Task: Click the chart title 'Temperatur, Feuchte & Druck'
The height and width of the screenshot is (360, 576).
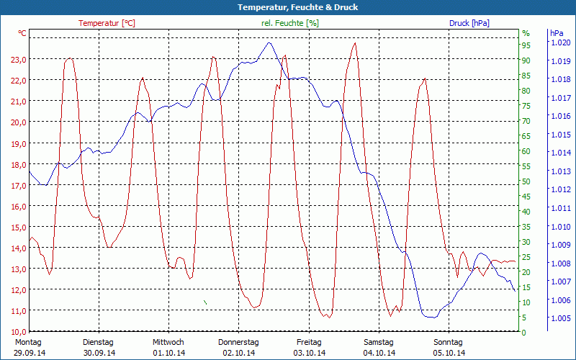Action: (x=288, y=7)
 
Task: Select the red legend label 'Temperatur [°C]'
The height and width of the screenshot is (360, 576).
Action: (x=107, y=23)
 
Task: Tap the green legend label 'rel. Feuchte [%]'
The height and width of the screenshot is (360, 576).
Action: (x=290, y=23)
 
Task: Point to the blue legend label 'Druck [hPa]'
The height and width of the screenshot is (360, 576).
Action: (x=469, y=23)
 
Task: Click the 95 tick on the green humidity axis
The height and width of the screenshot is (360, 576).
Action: (x=526, y=45)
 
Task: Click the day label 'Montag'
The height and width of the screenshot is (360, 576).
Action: (x=28, y=342)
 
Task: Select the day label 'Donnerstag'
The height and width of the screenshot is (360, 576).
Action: (x=238, y=342)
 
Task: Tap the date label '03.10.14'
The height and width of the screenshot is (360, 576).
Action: (x=309, y=353)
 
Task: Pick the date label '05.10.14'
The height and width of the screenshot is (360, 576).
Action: (x=449, y=353)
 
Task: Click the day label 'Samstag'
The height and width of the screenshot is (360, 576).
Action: (x=379, y=342)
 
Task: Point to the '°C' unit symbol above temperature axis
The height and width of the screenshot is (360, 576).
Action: (x=22, y=33)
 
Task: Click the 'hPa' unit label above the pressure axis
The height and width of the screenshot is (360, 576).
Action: (x=557, y=33)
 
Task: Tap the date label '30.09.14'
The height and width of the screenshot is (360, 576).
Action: (x=99, y=353)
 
